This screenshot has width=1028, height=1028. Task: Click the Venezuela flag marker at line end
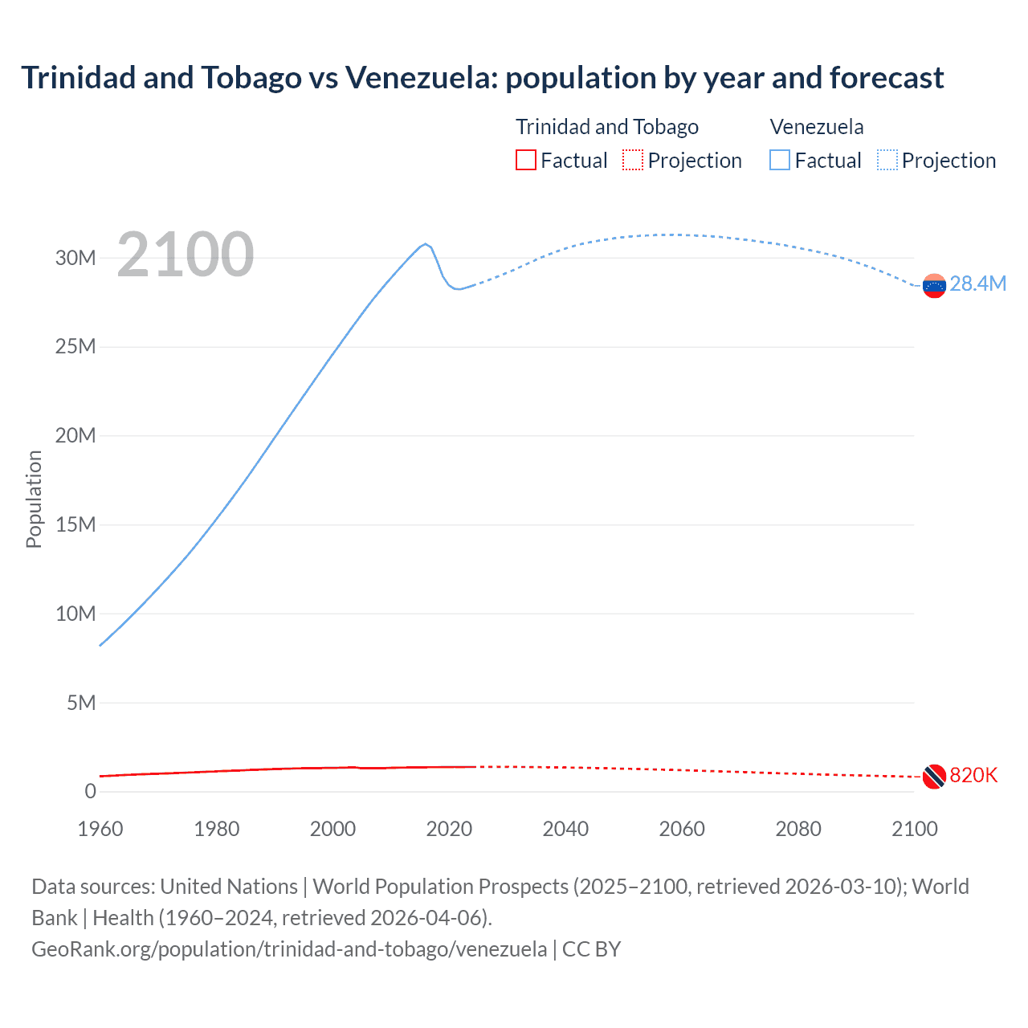click(934, 285)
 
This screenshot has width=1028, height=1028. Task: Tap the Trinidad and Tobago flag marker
click(934, 776)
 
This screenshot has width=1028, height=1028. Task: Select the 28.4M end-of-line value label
click(977, 284)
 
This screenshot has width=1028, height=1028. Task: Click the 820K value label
click(973, 775)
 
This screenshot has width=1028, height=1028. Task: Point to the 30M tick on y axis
click(75, 258)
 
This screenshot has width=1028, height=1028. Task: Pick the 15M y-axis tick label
click(75, 524)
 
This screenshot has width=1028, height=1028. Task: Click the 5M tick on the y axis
click(81, 703)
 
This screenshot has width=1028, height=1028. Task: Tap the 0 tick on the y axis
click(90, 791)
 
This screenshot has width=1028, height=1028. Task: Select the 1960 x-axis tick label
click(100, 829)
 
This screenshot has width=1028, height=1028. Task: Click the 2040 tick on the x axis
click(565, 829)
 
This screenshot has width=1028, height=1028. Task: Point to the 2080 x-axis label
click(798, 829)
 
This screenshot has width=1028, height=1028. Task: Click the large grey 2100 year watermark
click(186, 255)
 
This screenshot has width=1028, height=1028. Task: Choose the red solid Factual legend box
click(525, 160)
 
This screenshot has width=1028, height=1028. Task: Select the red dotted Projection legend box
click(633, 160)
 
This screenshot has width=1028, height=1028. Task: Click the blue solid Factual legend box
click(780, 160)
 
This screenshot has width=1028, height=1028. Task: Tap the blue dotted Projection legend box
click(887, 160)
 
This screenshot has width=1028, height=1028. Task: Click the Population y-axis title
click(34, 499)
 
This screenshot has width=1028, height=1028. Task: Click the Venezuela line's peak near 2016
click(426, 244)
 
